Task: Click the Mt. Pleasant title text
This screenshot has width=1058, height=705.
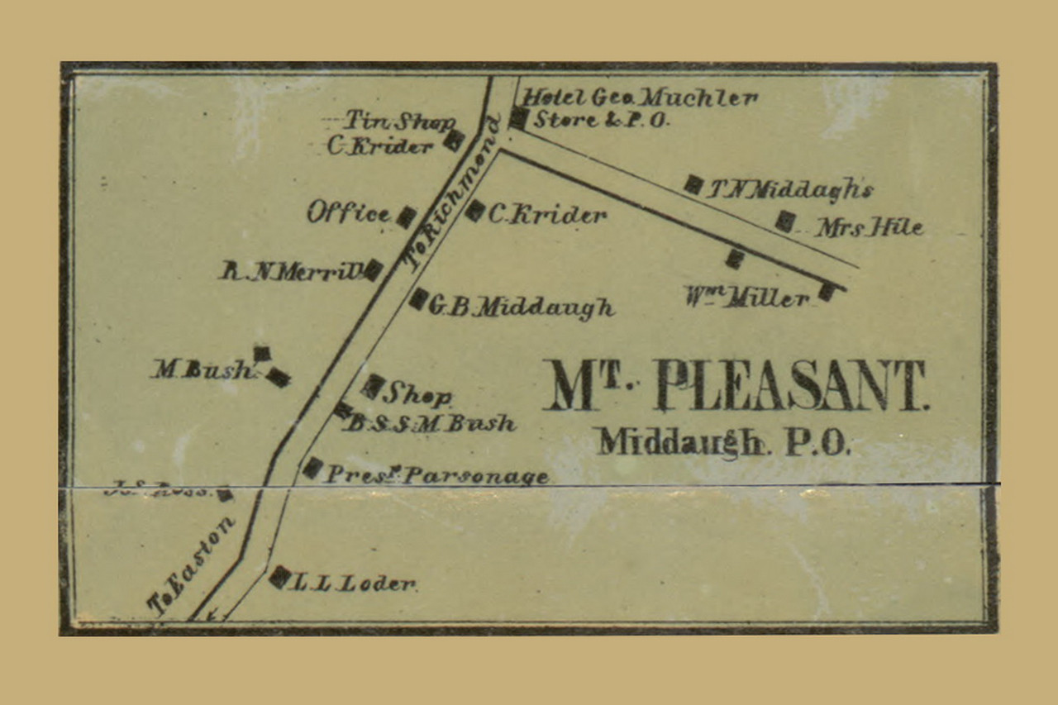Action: pos(736,387)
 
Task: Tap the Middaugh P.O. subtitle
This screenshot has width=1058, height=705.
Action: pos(723,443)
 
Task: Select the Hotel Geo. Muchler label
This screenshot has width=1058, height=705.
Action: pos(641,98)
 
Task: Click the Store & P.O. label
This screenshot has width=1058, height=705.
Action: pos(601,120)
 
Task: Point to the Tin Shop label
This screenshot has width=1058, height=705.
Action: pos(399,121)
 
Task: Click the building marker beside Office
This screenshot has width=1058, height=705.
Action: pos(406,217)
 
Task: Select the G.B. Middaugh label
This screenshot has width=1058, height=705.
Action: pos(522,307)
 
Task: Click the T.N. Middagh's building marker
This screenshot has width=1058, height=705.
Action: pos(693,184)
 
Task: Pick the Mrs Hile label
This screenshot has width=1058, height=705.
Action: pos(869,227)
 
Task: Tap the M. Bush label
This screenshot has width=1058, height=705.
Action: pos(203,370)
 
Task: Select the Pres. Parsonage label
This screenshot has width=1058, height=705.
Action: pos(436,476)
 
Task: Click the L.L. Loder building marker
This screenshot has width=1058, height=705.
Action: pos(279,577)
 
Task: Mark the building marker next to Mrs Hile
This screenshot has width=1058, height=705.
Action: pos(785,221)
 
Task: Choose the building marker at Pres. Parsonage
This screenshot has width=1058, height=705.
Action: pos(312,468)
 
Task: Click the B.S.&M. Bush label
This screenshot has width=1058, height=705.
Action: pos(431,424)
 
